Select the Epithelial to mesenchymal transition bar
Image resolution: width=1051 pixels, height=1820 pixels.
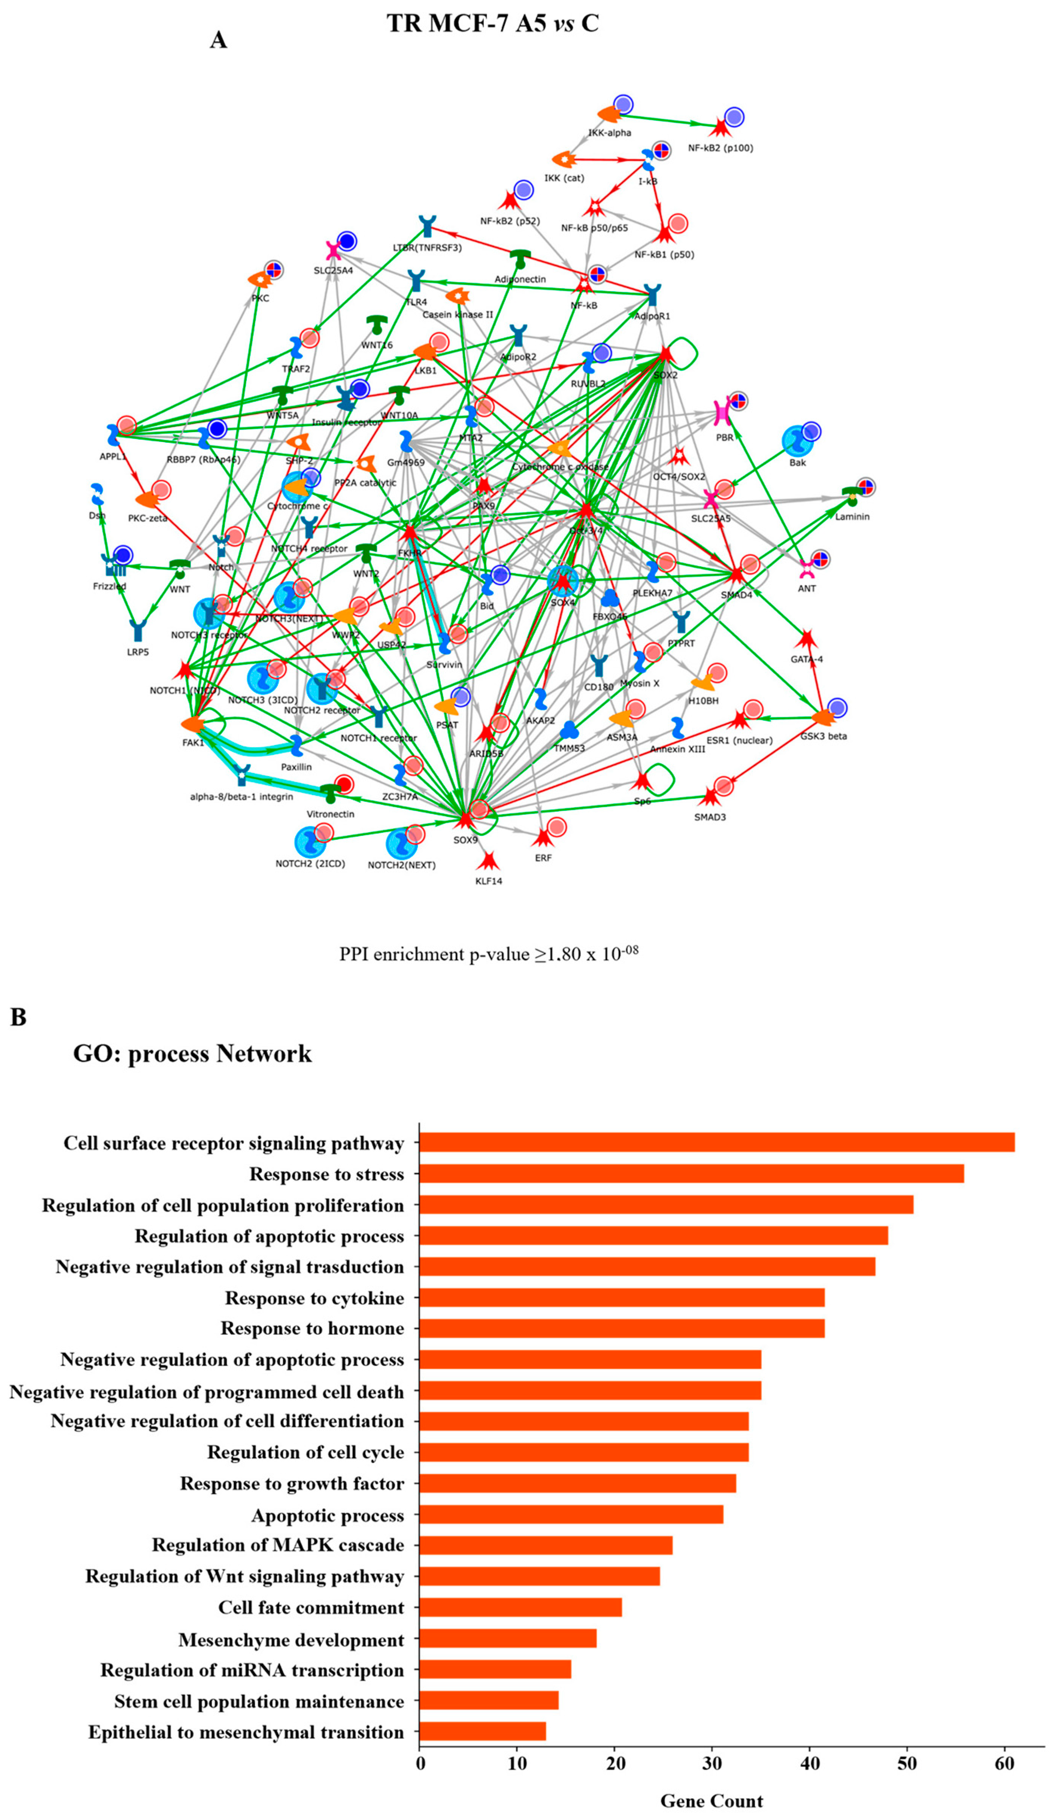[x=482, y=1732]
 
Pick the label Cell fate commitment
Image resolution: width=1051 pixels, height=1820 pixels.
[x=311, y=1608]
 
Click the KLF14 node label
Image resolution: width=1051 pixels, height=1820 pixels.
[x=489, y=881]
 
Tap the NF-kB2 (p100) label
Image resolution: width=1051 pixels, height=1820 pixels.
[x=720, y=148]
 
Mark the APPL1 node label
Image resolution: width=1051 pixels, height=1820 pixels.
[x=113, y=457]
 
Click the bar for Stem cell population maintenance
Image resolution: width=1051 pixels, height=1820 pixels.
[x=489, y=1701]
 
